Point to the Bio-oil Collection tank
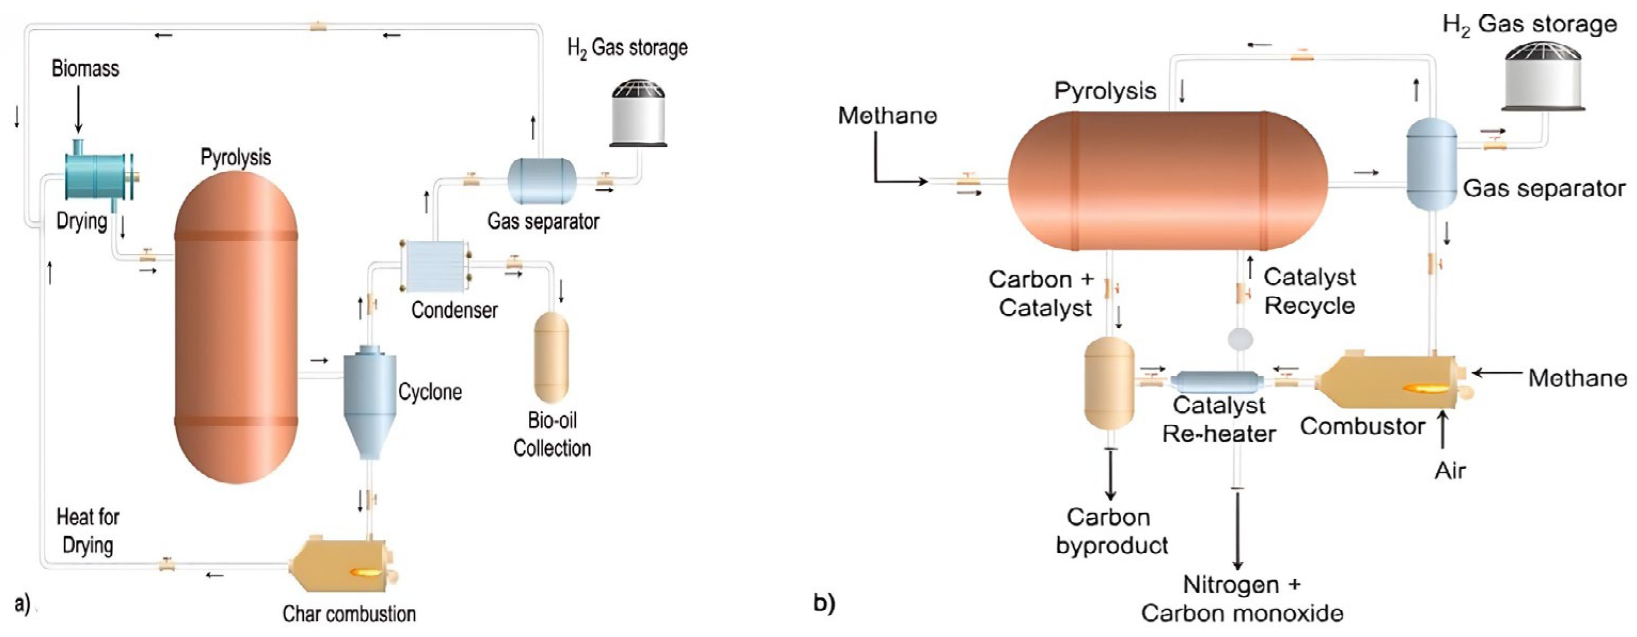pos(551,357)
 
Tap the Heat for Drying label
pos(88,531)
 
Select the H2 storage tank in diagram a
pos(638,114)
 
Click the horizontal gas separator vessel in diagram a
pos(541,181)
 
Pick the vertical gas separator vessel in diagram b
pos(1431,164)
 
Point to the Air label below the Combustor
pos(1450,471)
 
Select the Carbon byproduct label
pos(1111,531)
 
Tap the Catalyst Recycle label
pos(1309,291)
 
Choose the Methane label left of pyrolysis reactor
pos(887,116)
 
